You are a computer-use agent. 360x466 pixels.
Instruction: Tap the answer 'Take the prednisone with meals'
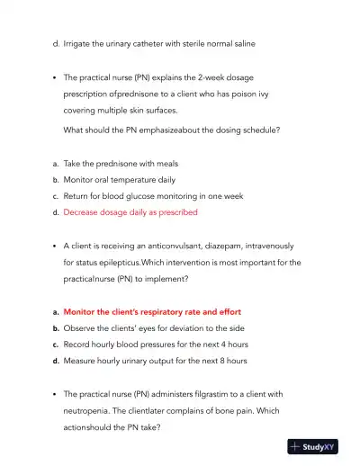[x=121, y=164]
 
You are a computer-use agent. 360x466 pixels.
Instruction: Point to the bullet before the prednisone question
[x=55, y=78]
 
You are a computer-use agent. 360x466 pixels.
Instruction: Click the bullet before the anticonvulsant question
[x=55, y=246]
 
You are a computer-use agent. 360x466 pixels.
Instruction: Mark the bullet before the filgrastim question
[x=55, y=393]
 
